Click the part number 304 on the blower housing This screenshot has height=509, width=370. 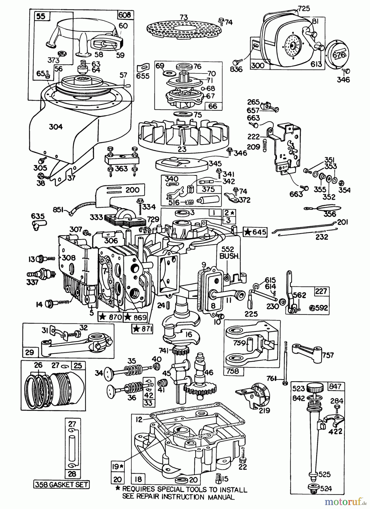[56, 127]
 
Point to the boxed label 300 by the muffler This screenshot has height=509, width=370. [257, 65]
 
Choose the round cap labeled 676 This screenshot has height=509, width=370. [338, 55]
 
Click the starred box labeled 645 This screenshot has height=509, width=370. [255, 232]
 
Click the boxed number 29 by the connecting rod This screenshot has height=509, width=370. [30, 352]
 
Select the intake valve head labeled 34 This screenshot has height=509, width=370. [108, 373]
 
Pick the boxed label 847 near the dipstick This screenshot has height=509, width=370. [335, 386]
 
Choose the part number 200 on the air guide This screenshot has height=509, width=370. [132, 190]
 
